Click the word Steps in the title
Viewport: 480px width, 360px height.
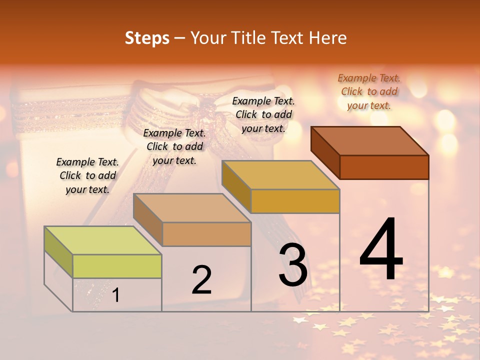147,38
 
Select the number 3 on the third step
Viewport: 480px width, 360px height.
293,265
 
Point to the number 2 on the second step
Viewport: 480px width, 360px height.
202,280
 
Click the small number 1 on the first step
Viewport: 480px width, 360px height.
116,295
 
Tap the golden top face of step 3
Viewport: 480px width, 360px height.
280,175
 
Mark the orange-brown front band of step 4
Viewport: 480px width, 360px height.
384,167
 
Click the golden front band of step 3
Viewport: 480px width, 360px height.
295,201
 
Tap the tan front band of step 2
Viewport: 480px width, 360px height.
206,234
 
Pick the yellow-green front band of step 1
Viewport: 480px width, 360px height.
117,266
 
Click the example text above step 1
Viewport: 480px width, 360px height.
87,175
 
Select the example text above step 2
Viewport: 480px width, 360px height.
174,146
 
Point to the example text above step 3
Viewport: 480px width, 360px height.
263,114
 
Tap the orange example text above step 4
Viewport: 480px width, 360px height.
369,91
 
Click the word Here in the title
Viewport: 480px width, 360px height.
328,38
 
